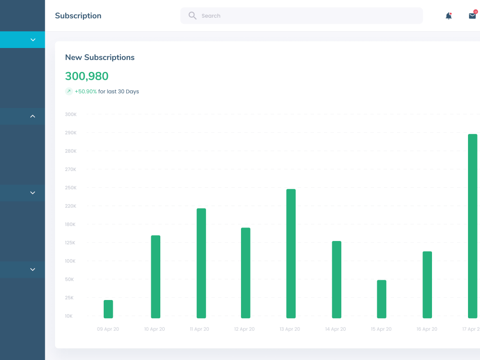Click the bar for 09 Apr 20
coord(108,309)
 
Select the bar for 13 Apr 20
coord(291,254)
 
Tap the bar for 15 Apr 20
coord(382,299)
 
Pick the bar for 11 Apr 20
coord(201,263)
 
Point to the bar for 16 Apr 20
coord(427,285)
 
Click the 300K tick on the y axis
coord(71,115)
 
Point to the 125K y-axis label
coord(70,243)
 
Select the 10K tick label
coord(69,316)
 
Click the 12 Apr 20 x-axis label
coord(244,329)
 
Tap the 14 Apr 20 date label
coord(336,329)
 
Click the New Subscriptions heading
coord(100,58)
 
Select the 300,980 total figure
coord(87,76)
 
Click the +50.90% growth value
coord(86,92)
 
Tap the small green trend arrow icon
coord(69,91)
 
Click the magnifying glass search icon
coord(192,16)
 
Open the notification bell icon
coord(449,16)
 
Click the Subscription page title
coord(78,16)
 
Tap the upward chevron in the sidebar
coord(33,116)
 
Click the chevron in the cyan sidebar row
coord(33,40)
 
